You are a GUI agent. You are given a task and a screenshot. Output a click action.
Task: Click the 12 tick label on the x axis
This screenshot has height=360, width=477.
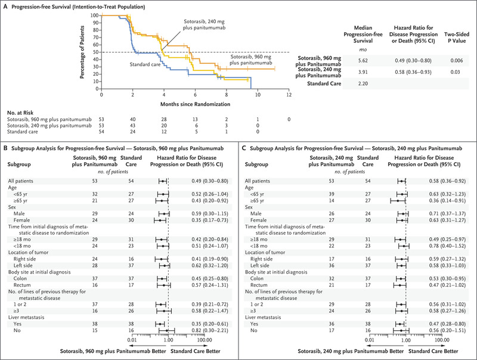coord(289,94)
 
